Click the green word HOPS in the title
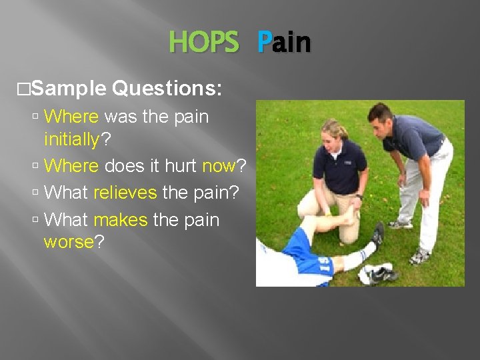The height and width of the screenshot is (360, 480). (203, 43)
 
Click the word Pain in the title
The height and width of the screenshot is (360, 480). (284, 43)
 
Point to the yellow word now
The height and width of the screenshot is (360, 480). (219, 165)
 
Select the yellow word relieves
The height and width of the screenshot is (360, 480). (125, 193)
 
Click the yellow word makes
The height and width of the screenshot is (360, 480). (121, 219)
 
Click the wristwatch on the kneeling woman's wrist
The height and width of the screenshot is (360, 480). (359, 197)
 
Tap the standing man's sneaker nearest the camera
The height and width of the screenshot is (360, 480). (419, 256)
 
